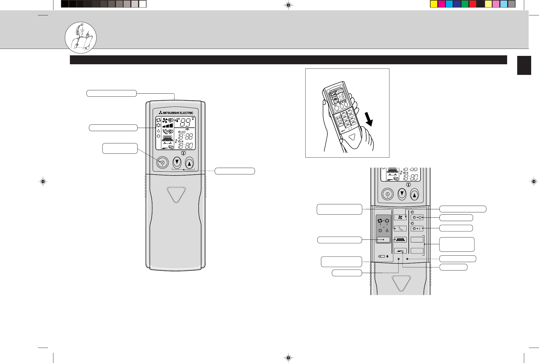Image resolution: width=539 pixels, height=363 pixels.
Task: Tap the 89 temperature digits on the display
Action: (x=185, y=122)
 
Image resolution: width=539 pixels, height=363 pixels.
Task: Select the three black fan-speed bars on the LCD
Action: (x=168, y=126)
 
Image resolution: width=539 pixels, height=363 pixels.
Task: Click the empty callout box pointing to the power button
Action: (x=120, y=148)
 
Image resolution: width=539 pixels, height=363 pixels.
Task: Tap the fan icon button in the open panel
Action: (x=400, y=217)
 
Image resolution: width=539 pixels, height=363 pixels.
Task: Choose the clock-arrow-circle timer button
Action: (x=417, y=217)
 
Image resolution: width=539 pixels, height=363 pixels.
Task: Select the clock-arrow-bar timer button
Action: (x=417, y=229)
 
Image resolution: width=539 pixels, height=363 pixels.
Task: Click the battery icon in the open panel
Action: (x=382, y=256)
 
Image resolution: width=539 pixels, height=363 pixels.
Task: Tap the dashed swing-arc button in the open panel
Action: (x=400, y=229)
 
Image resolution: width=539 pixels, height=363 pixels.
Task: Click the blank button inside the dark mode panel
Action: (x=383, y=240)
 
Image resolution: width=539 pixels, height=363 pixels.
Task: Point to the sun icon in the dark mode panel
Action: (x=380, y=231)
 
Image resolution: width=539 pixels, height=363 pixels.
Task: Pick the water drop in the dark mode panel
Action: (x=387, y=231)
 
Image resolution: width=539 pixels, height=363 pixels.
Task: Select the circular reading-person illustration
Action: (x=81, y=38)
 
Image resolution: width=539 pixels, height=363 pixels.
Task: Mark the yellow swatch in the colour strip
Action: (x=434, y=4)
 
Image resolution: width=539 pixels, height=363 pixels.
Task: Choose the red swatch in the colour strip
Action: (x=472, y=4)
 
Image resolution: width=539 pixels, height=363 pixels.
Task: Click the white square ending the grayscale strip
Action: (x=143, y=4)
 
